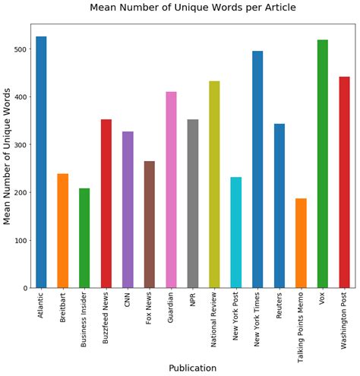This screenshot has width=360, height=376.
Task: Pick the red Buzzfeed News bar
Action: (106, 204)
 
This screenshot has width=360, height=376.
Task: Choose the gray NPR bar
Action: (193, 204)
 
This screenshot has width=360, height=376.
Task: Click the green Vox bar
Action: (323, 164)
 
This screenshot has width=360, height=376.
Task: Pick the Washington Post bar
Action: (345, 182)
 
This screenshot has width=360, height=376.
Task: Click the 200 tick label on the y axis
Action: (21, 193)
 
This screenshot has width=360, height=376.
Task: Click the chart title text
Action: (192, 8)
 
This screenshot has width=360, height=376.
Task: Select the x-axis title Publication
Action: (192, 368)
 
